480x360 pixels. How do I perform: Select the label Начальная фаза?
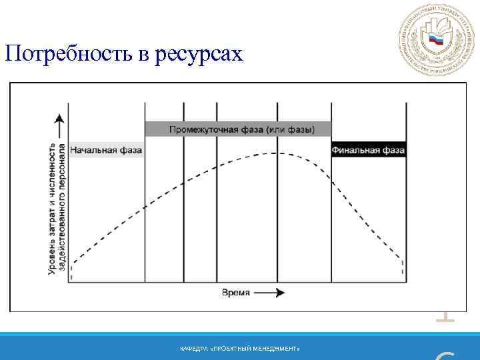point(106,150)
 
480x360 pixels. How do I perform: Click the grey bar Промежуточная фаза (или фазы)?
point(238,129)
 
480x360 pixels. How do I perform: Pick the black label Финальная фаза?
point(368,150)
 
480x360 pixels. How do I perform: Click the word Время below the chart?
point(236,293)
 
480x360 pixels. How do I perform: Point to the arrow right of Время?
point(271,293)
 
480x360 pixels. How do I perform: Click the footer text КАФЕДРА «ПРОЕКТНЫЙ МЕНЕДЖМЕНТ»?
point(240,349)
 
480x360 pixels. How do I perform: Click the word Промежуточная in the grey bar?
point(203,129)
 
